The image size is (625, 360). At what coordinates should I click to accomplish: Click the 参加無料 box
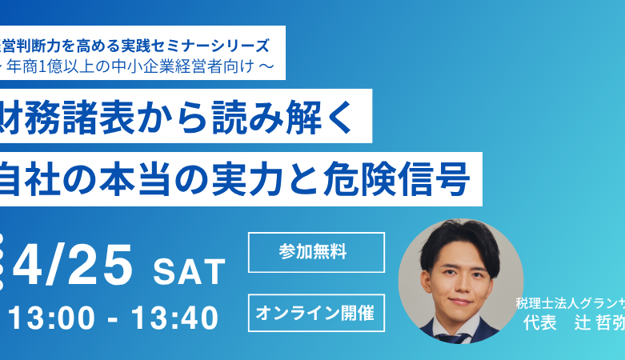click(316, 252)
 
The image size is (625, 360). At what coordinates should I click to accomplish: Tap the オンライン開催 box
click(316, 314)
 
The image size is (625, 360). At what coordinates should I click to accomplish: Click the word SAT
click(190, 273)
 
